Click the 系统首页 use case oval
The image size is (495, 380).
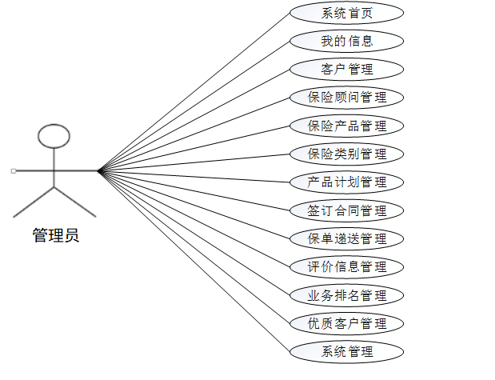[x=346, y=13]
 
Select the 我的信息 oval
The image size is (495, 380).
[x=346, y=41]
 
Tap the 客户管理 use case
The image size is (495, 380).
[x=346, y=69]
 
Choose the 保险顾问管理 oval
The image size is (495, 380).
[x=346, y=98]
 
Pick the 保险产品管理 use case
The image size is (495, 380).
[x=346, y=126]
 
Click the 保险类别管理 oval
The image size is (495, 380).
[x=346, y=154]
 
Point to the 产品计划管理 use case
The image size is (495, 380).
[x=346, y=182]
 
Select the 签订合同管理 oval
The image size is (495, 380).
[x=346, y=210]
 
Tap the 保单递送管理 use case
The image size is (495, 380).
[x=346, y=238]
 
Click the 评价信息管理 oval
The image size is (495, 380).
[x=346, y=267]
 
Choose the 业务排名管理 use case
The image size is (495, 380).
[x=346, y=295]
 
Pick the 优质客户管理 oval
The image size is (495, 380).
[x=346, y=323]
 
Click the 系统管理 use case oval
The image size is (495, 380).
[x=346, y=351]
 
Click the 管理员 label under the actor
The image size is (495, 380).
[x=55, y=235]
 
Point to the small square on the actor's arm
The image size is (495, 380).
[x=14, y=171]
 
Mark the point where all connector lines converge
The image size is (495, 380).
[x=99, y=171]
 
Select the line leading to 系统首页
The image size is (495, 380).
[x=194, y=92]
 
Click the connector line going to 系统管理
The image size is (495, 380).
[x=194, y=262]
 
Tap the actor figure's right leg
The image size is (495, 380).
[x=75, y=202]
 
